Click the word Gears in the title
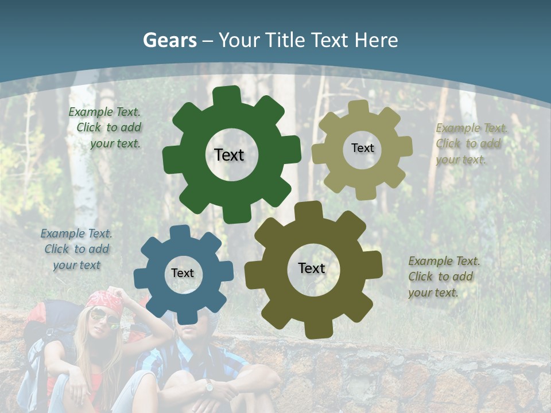(x=169, y=40)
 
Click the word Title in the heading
(x=285, y=40)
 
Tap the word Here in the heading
(x=376, y=40)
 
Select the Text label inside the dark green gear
(x=229, y=155)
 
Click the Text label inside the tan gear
(x=362, y=148)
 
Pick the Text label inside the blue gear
(x=183, y=274)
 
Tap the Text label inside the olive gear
(x=312, y=268)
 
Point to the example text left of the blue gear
(x=77, y=249)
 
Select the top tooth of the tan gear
(x=359, y=107)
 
